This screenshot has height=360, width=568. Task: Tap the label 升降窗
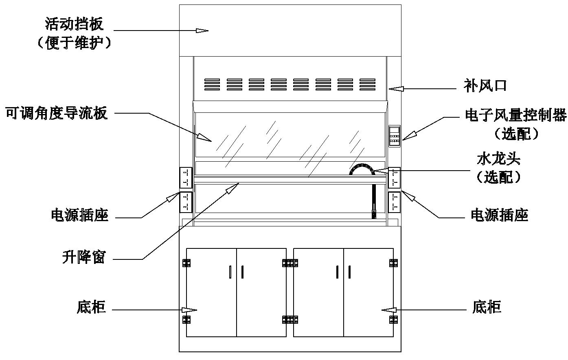pos(83,257)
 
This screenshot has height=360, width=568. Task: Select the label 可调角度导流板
pos(57,113)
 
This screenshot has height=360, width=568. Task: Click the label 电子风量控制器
pos(516,115)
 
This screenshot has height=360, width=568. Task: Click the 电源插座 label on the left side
pos(80,215)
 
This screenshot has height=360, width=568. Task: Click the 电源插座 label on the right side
pos(500,215)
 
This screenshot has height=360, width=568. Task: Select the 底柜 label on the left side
pos(91,307)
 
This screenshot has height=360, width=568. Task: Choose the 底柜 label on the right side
pos(487,307)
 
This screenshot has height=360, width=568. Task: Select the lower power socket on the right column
pos(395,202)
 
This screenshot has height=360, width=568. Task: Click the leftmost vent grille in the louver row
pos(212,84)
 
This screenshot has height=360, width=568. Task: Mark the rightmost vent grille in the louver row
pos(367,84)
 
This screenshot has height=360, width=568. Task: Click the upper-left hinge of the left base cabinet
pos(186,263)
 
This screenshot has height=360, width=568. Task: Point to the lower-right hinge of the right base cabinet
pos(393,320)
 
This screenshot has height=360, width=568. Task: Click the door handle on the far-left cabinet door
pos(230,272)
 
